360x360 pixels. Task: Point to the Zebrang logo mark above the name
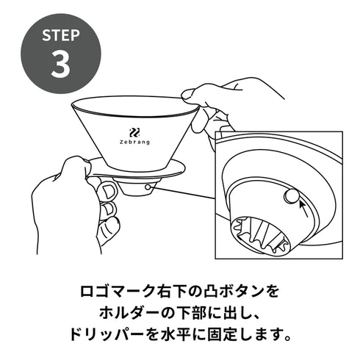coord(134,132)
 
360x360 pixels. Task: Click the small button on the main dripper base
coord(149,187)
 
